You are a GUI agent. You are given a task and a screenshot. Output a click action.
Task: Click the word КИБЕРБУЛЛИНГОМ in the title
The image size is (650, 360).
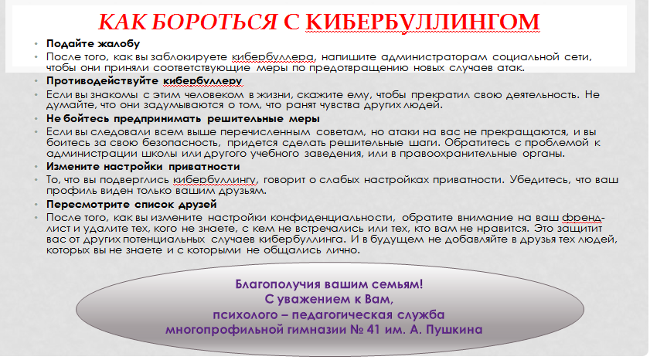(x=423, y=22)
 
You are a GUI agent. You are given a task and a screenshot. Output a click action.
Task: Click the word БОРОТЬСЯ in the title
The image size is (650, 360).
(x=214, y=22)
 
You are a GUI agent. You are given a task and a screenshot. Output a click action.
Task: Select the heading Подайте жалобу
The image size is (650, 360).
(x=94, y=44)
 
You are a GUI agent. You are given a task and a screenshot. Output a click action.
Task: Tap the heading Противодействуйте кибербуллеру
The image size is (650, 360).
(x=145, y=81)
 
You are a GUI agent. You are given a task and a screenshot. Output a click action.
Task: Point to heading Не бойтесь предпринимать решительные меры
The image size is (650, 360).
(x=183, y=119)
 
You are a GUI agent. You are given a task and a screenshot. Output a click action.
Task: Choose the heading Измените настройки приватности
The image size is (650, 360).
(x=143, y=167)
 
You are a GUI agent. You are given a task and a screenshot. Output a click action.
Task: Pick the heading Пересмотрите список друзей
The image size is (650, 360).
(x=131, y=205)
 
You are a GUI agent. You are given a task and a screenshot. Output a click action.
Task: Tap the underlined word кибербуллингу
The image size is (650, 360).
(x=215, y=180)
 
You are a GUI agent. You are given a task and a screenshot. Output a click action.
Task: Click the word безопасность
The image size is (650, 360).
(x=181, y=143)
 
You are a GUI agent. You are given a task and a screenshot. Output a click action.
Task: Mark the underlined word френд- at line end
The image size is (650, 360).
(x=584, y=218)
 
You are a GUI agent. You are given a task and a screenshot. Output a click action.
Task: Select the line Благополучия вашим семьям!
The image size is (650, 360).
(x=329, y=284)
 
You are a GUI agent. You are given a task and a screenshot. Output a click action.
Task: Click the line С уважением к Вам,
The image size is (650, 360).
(x=329, y=299)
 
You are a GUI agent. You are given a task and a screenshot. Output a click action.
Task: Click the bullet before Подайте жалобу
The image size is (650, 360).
(x=36, y=44)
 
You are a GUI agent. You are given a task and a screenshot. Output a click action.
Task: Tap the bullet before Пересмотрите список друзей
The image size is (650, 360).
(x=36, y=205)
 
